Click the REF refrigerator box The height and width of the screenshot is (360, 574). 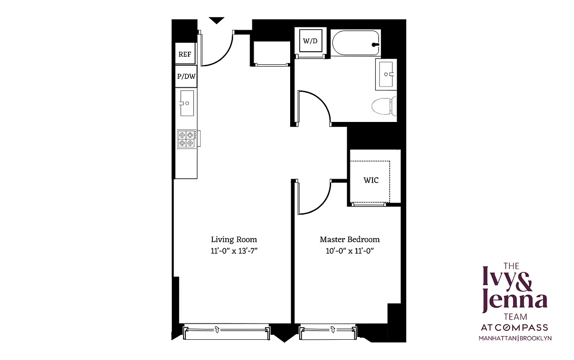pos(185,54)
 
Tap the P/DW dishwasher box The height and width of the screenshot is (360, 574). pos(186,76)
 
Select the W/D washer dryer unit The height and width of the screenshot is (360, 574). pos(310,41)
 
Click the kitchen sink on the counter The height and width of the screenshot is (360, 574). pos(187,103)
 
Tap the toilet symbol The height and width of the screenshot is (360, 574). pos(384,107)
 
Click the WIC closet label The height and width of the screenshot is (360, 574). pos(371,180)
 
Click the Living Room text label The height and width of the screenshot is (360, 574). pos(234,239)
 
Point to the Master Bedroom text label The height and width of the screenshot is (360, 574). pos(350,239)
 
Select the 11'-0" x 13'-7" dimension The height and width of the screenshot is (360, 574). pos(234,251)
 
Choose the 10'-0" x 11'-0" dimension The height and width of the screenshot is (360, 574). pos(350,251)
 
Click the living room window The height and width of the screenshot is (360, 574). pos(226,332)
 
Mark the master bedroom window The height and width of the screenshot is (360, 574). pos(328,332)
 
